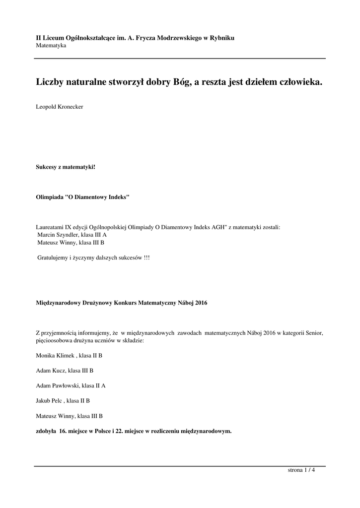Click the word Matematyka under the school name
(x=51, y=46)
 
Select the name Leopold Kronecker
(x=60, y=107)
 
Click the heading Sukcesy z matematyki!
(x=66, y=167)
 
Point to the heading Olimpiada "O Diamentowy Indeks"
(x=83, y=196)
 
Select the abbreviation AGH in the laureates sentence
(x=216, y=227)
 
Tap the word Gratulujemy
(x=53, y=258)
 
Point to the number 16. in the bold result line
(x=63, y=431)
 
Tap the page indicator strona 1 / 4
(x=301, y=470)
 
